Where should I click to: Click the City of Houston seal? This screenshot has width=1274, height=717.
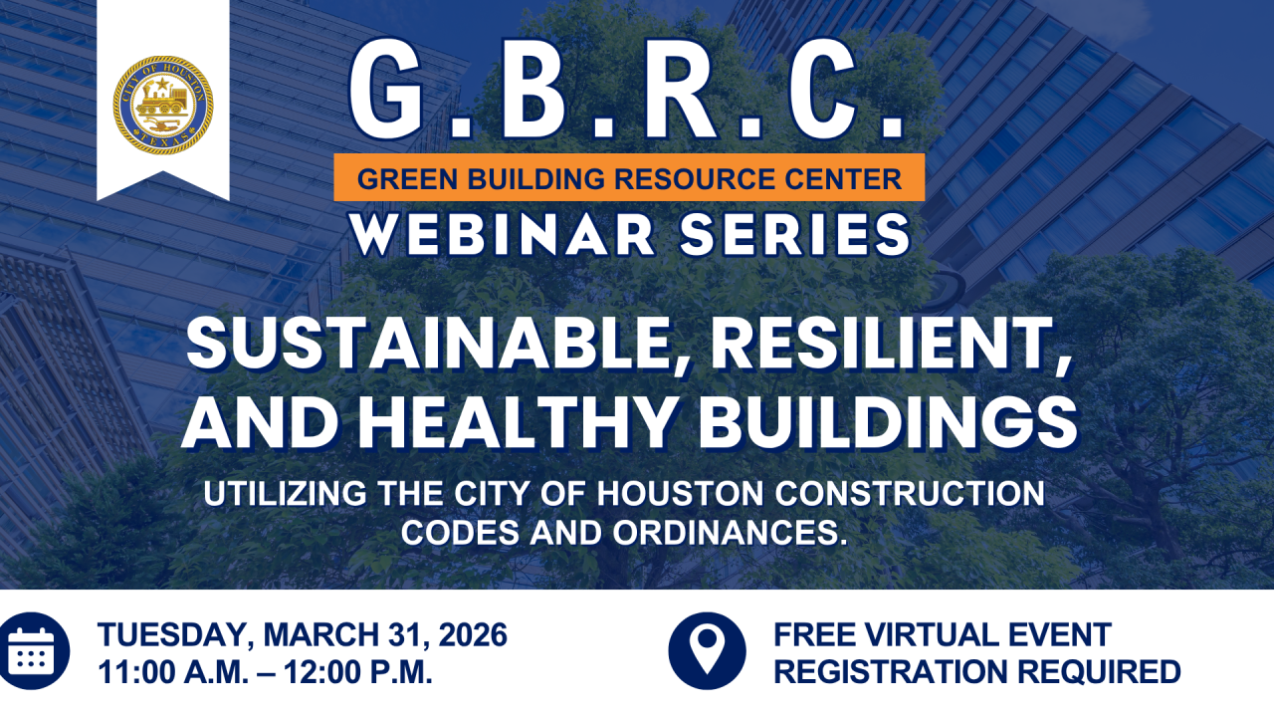(162, 105)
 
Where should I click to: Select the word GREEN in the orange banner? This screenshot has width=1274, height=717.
(397, 179)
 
